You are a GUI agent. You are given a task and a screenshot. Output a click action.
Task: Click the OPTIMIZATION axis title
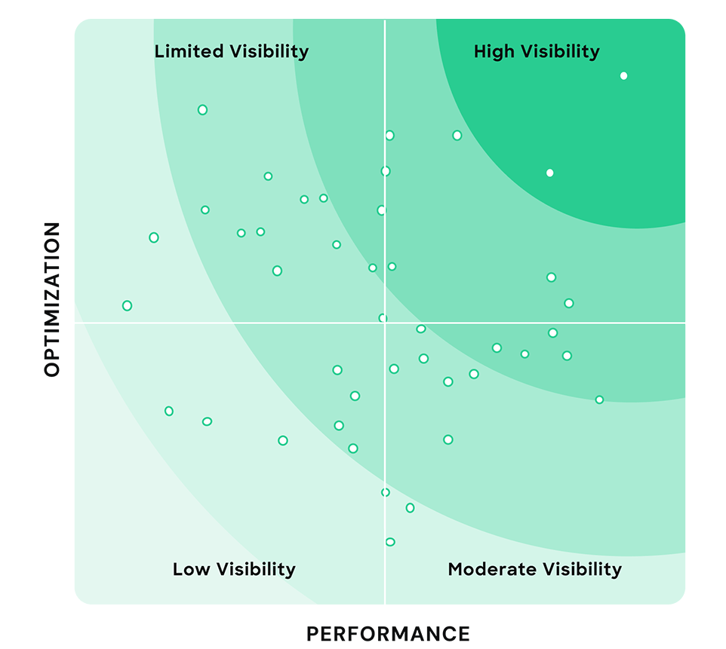(x=52, y=299)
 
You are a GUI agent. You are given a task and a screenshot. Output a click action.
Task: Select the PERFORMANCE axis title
(x=388, y=634)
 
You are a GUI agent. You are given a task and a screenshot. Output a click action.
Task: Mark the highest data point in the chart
(x=623, y=75)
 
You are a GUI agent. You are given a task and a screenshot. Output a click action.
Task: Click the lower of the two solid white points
(x=549, y=173)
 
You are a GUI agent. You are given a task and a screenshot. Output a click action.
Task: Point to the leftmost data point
(x=127, y=305)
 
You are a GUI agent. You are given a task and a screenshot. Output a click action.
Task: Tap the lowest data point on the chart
(x=390, y=541)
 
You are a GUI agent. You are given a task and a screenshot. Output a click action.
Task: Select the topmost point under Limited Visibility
(x=202, y=109)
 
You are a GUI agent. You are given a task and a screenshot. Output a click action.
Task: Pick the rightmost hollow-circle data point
(x=599, y=400)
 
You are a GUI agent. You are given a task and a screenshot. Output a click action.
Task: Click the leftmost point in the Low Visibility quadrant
(x=169, y=411)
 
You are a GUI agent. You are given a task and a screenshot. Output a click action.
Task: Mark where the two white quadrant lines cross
(x=385, y=323)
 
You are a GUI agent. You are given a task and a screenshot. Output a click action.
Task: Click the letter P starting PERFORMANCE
(x=312, y=634)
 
